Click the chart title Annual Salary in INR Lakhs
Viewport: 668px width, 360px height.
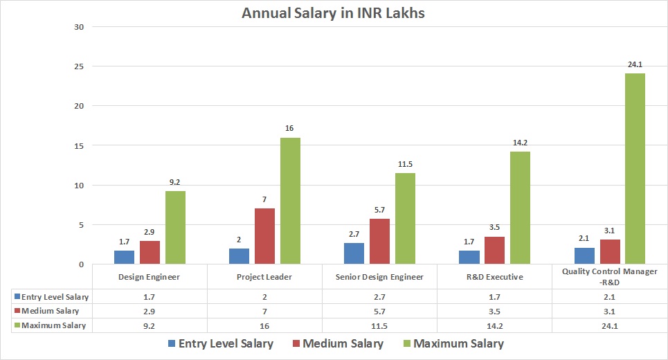tap(333, 13)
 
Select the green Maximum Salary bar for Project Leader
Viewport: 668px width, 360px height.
tap(290, 201)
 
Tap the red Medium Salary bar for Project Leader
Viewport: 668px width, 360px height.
tap(264, 236)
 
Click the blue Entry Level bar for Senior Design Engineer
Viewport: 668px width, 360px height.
tap(354, 253)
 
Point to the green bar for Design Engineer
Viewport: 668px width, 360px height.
tap(175, 227)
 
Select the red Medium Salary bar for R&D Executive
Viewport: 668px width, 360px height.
tap(494, 250)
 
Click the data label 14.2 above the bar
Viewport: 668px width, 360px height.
tap(520, 143)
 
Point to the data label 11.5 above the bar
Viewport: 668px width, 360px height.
tap(405, 165)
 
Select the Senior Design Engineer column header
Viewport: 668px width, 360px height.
tap(380, 277)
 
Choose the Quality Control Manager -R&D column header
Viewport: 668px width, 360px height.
tap(610, 276)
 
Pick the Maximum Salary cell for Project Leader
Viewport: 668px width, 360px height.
tap(264, 325)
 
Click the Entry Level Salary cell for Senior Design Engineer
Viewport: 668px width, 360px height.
tap(380, 297)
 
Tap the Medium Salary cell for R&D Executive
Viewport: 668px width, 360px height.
tap(494, 311)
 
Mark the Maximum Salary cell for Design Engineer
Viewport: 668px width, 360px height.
tap(150, 325)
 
